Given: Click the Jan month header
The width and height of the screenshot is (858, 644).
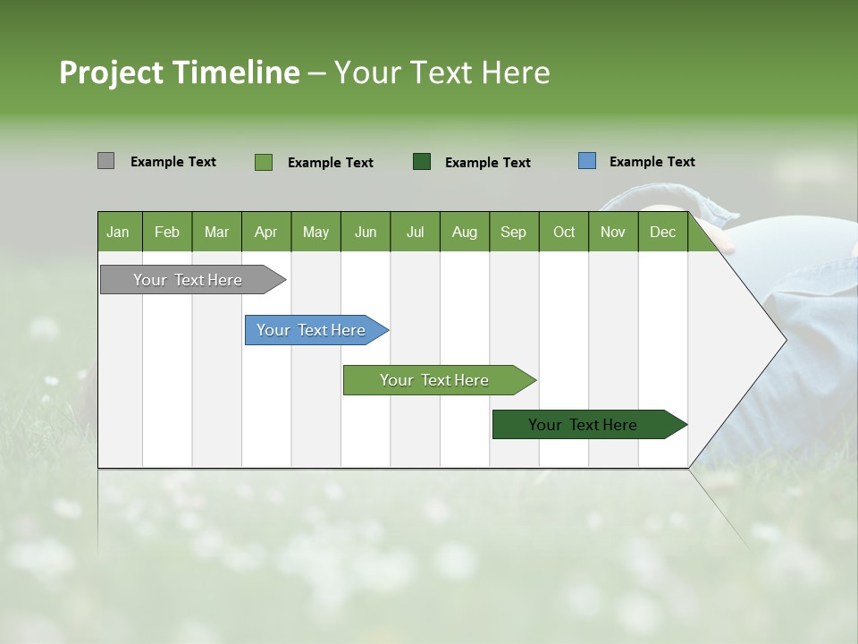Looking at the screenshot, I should [119, 232].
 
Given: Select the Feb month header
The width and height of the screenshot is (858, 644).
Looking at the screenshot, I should [167, 232].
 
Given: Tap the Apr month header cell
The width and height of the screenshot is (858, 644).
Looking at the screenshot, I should [266, 232].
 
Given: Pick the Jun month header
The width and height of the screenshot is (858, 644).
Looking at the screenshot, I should [366, 232].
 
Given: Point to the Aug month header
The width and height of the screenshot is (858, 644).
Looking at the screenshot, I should [465, 232].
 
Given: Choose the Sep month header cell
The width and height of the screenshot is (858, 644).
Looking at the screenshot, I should [514, 232].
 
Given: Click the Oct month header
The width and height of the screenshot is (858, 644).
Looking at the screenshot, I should [564, 232].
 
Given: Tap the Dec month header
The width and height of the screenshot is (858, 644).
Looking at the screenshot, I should [663, 232].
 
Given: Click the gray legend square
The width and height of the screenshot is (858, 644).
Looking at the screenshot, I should [105, 161].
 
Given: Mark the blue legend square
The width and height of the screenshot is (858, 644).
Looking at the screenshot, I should [586, 161].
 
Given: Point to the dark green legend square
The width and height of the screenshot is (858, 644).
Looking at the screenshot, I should [422, 161].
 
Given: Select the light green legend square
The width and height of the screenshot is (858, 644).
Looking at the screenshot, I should [264, 162].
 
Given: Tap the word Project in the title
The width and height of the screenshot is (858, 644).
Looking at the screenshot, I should [111, 72].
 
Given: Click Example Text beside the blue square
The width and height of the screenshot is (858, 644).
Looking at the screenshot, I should [652, 162].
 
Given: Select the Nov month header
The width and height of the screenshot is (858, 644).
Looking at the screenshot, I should [613, 232].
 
